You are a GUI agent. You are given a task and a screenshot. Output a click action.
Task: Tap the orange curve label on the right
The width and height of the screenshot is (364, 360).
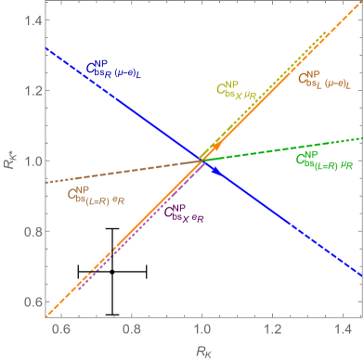pyautogui.click(x=323, y=81)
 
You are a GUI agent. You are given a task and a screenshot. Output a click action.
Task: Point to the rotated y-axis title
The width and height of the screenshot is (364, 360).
pyautogui.click(x=8, y=161)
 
